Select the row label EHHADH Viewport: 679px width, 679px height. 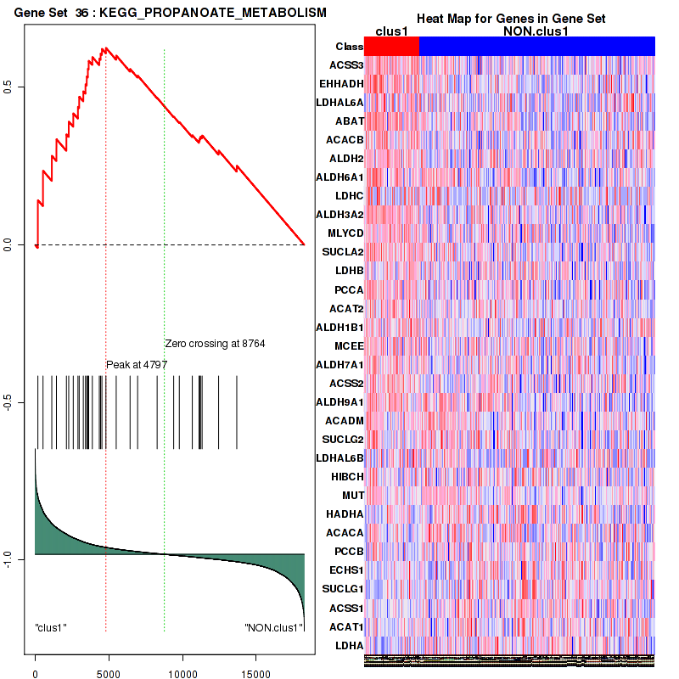(x=341, y=83)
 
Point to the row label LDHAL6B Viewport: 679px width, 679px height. (x=339, y=458)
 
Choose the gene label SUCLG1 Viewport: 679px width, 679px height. (x=343, y=589)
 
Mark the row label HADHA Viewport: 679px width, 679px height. (x=345, y=514)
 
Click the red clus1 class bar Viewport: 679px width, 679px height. (x=391, y=47)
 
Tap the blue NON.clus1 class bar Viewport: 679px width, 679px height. (x=536, y=47)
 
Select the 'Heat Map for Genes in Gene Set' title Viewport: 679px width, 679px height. (x=510, y=19)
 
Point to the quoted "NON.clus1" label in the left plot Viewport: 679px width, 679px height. (x=273, y=628)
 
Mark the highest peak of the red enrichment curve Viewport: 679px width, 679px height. (x=104, y=49)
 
